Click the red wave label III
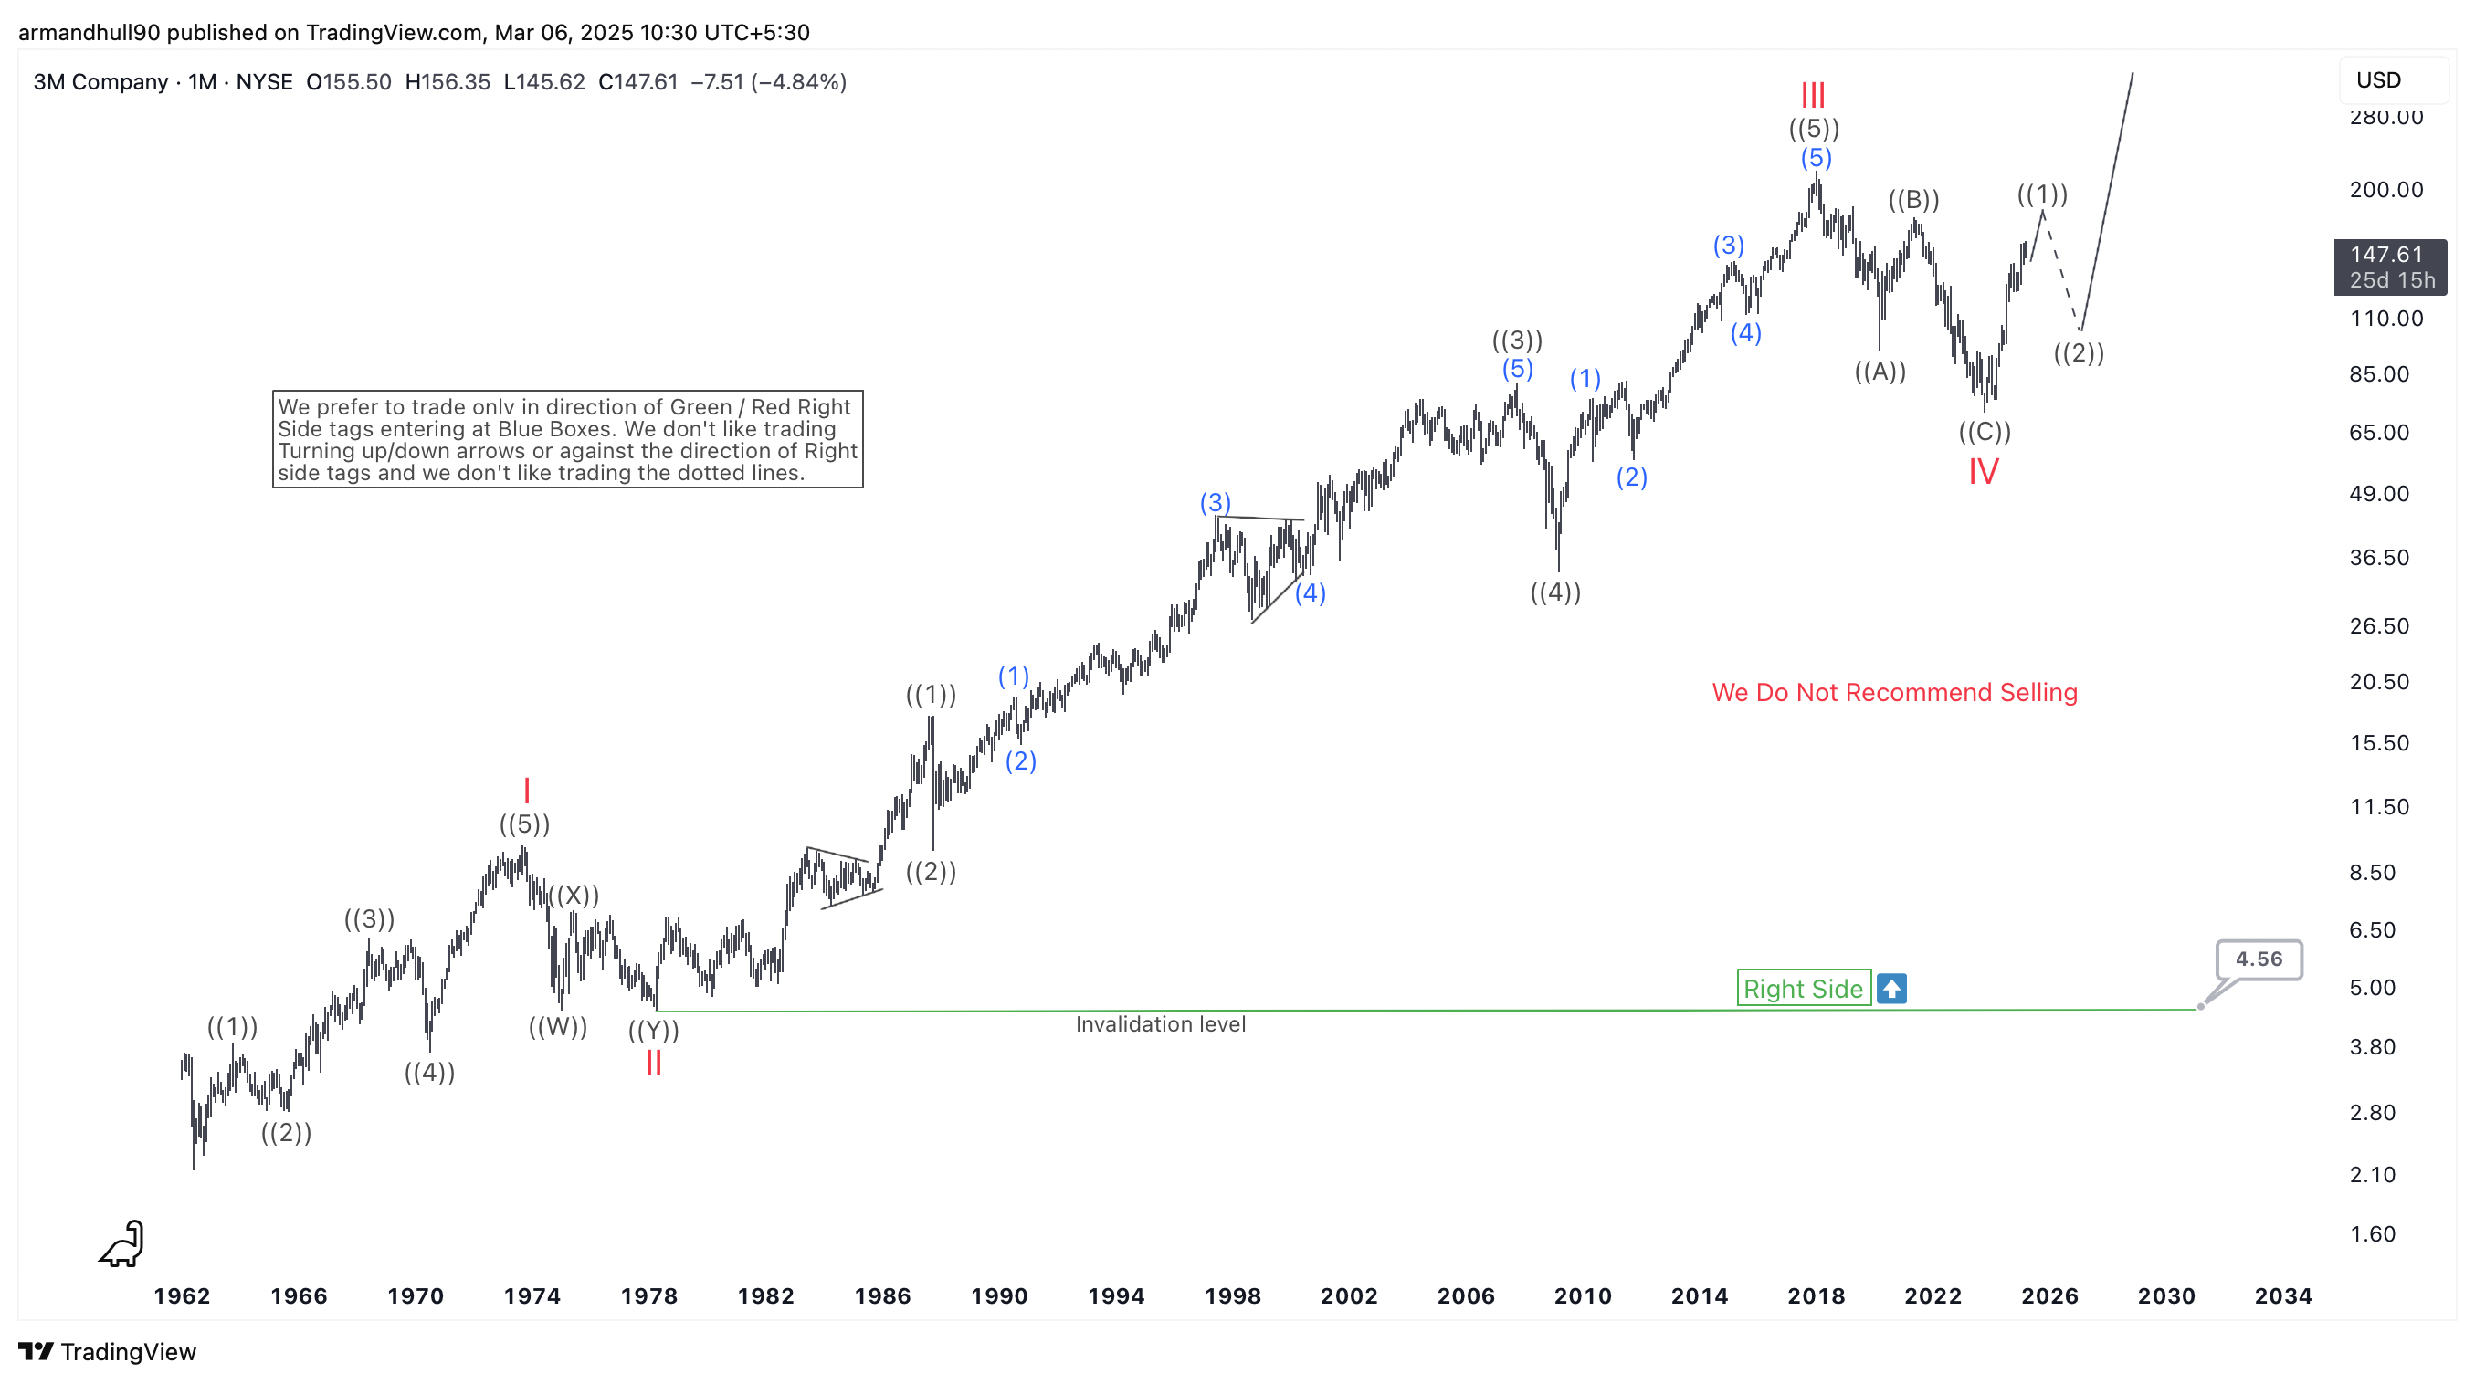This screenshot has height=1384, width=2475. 1812,95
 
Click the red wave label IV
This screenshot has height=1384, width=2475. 1983,472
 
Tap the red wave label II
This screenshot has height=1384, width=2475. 653,1064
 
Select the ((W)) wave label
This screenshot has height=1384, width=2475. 557,1027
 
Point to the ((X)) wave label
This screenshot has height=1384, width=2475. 574,896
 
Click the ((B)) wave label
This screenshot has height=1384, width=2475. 1913,200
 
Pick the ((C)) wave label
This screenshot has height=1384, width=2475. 1984,431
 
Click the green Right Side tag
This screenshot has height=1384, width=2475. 1803,989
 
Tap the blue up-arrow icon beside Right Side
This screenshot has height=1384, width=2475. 1890,989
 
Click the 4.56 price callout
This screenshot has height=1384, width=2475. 2258,959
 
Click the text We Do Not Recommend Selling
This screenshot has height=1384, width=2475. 1894,693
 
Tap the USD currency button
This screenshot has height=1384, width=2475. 2379,79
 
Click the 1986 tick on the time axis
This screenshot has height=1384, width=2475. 882,1295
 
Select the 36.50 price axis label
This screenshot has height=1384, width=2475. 2379,557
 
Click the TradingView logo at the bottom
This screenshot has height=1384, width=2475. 107,1351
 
